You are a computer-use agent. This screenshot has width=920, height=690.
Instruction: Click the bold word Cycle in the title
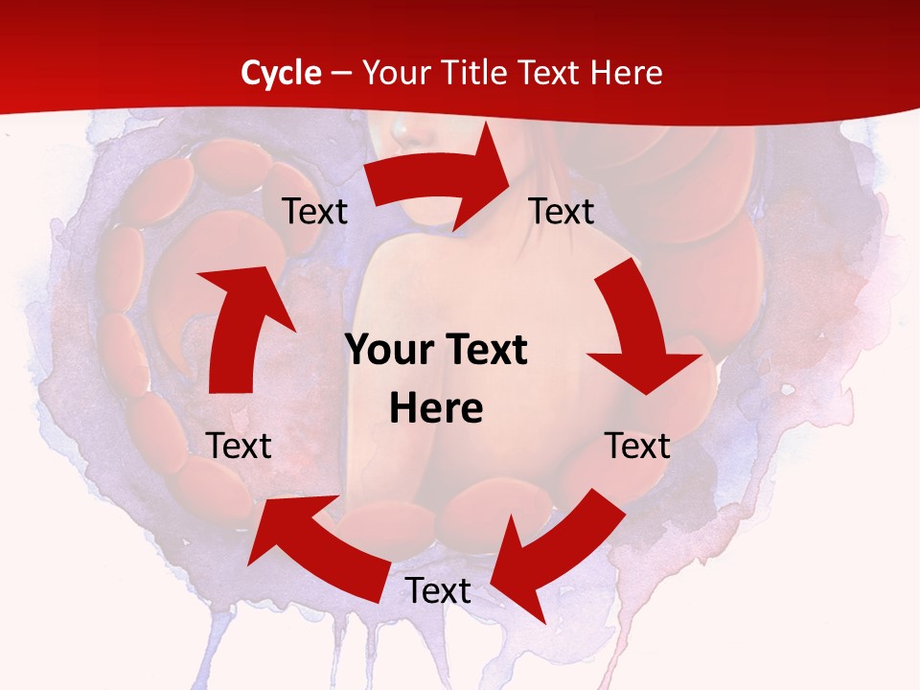pos(281,73)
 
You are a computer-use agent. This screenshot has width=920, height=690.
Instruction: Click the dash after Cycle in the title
pos(342,74)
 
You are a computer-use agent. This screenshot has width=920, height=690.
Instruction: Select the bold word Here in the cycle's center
pos(436,409)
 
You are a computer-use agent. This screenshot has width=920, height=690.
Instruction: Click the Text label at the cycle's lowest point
pos(438,591)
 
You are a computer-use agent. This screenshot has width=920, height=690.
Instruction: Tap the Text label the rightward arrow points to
pos(562,211)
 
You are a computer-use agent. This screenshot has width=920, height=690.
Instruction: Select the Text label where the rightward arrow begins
pos(315,211)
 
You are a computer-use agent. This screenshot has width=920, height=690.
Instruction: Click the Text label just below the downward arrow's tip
pos(637,446)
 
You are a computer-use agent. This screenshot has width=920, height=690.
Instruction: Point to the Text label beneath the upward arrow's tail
pos(239,446)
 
